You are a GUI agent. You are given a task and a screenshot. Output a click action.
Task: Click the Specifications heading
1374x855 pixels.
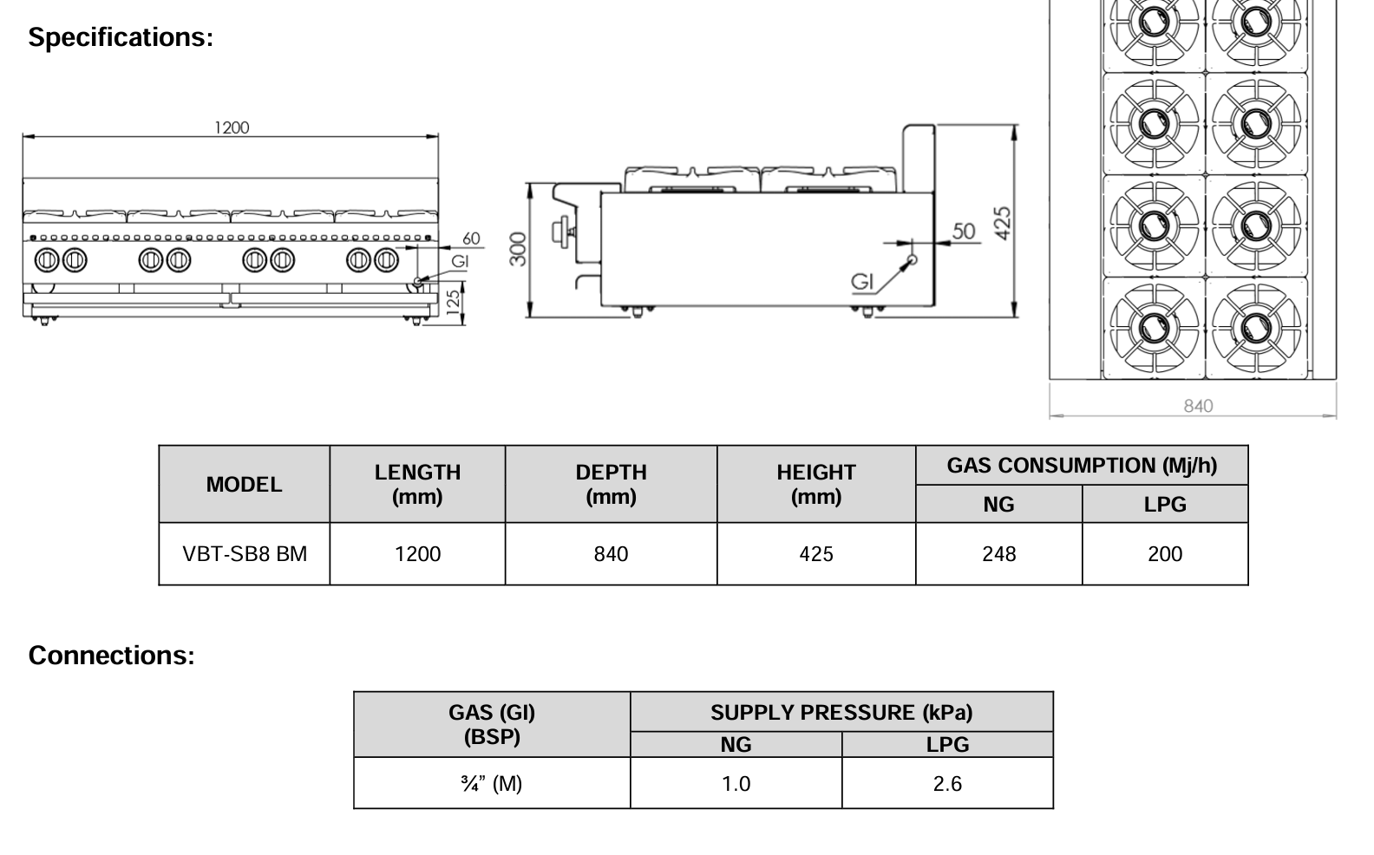pyautogui.click(x=121, y=37)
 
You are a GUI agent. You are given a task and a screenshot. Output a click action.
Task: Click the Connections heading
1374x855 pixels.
pyautogui.click(x=111, y=656)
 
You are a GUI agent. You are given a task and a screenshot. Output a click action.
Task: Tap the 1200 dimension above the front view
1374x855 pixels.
pyautogui.click(x=232, y=127)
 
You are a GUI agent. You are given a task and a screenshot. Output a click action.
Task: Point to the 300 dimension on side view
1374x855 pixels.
pyautogui.click(x=518, y=249)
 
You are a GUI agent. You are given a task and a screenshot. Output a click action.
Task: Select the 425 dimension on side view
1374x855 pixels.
pyautogui.click(x=1002, y=223)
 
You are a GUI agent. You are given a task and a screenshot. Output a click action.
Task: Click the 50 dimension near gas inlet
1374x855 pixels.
pyautogui.click(x=964, y=231)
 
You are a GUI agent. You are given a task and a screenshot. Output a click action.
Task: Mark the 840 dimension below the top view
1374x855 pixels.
pyautogui.click(x=1198, y=406)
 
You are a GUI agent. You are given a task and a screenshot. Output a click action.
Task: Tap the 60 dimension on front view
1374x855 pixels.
pyautogui.click(x=471, y=238)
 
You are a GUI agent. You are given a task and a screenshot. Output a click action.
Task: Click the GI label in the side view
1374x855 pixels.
pyautogui.click(x=862, y=281)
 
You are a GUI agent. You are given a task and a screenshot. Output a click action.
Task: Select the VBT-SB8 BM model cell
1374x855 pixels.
pyautogui.click(x=245, y=554)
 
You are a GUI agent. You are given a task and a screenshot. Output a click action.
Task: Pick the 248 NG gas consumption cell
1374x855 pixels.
pyautogui.click(x=998, y=554)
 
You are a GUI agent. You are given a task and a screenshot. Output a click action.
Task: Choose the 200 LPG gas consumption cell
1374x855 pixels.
pyautogui.click(x=1164, y=554)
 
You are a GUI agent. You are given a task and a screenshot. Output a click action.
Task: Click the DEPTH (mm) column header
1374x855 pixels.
pyautogui.click(x=611, y=484)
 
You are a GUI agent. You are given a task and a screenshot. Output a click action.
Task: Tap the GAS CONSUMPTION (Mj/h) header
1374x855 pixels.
pyautogui.click(x=1082, y=466)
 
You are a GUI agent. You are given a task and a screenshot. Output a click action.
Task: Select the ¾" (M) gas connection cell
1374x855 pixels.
pyautogui.click(x=492, y=784)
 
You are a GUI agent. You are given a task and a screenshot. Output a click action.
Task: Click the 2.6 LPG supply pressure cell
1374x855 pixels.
pyautogui.click(x=947, y=784)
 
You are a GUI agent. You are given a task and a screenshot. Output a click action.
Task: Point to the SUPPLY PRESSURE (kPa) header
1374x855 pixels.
pyautogui.click(x=841, y=713)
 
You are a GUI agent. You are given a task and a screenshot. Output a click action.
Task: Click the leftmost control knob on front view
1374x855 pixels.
pyautogui.click(x=47, y=259)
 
